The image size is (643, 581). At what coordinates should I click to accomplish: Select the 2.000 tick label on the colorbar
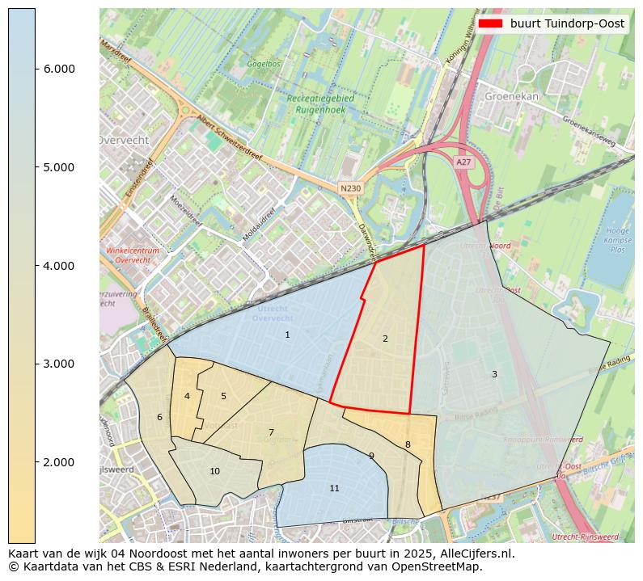58,462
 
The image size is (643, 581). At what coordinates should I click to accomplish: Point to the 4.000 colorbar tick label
58,266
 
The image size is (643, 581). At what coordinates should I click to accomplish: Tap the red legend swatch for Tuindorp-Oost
490,23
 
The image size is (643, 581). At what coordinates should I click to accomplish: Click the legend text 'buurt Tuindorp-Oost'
567,23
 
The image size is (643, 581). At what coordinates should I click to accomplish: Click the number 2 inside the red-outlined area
385,339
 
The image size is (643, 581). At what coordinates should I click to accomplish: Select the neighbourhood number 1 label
287,335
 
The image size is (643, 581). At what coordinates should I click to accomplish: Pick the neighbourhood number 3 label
494,374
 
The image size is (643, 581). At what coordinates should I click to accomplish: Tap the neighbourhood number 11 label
334,488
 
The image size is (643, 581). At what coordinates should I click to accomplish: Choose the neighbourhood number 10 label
214,471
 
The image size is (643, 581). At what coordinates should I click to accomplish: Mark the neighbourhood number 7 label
271,432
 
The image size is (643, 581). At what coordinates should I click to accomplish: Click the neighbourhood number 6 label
159,417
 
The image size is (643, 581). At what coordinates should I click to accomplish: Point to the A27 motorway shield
463,162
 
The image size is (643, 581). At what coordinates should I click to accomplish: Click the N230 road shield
350,188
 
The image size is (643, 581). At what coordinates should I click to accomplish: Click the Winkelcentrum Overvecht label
133,255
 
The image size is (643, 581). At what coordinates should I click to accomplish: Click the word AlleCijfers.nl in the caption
473,554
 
